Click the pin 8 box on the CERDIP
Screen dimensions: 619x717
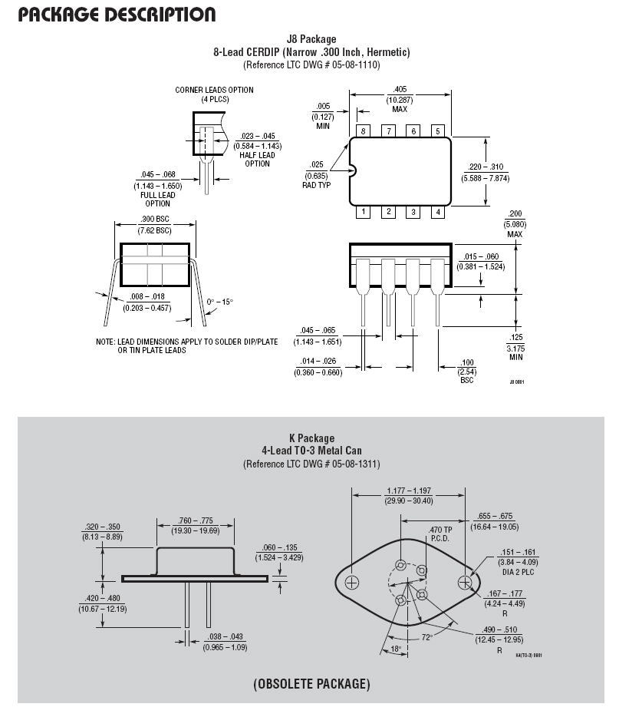(363, 131)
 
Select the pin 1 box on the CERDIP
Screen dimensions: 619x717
(363, 212)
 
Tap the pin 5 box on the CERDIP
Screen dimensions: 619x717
(438, 131)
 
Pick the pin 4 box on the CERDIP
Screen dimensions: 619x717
(438, 212)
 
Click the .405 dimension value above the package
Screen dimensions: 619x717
(400, 89)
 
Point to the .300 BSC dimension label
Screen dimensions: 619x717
(155, 219)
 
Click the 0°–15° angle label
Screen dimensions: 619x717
(219, 302)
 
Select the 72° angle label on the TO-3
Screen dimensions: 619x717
(427, 637)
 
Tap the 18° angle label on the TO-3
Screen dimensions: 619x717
(396, 649)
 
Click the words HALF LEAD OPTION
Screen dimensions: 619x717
(257, 159)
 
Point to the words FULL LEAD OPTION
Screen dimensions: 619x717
(157, 199)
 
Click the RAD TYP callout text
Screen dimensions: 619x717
(316, 185)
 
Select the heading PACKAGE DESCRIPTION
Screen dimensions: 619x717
(117, 14)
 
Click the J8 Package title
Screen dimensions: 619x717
(311, 39)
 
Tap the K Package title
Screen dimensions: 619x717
(311, 438)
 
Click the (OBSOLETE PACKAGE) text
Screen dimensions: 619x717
(311, 684)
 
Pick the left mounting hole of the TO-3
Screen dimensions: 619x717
(352, 583)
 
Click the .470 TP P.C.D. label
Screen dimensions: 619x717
(440, 534)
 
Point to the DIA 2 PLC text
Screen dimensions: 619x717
(518, 572)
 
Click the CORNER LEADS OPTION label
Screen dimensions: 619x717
(214, 90)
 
